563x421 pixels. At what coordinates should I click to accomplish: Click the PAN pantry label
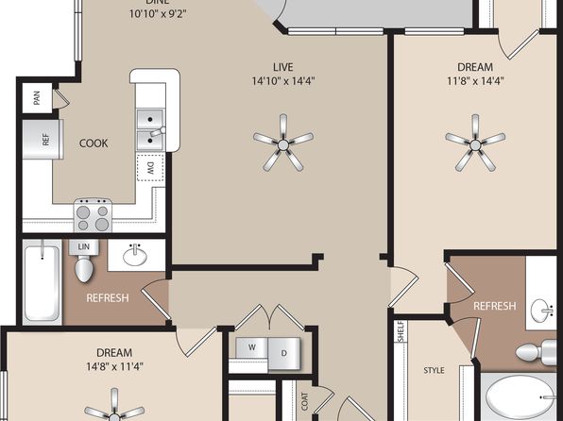(37, 98)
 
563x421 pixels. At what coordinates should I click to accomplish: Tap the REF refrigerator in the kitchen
(43, 140)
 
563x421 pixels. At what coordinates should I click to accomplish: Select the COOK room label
(94, 143)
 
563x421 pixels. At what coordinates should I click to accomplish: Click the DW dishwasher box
(150, 167)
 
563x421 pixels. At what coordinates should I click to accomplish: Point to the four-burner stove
(93, 215)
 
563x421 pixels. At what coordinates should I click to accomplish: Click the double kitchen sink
(150, 130)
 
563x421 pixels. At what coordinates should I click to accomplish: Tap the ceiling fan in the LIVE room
(283, 143)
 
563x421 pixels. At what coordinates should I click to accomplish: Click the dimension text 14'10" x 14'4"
(283, 81)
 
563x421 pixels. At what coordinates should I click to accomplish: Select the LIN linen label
(84, 246)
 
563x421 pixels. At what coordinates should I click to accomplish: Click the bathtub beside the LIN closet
(42, 282)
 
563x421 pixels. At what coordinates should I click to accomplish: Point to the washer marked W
(251, 347)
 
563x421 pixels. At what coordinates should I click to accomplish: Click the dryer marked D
(283, 354)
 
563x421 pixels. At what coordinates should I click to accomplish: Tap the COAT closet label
(305, 401)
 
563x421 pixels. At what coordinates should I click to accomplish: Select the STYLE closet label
(434, 370)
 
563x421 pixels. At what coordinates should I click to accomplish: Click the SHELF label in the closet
(401, 331)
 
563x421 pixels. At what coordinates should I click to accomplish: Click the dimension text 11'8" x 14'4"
(475, 81)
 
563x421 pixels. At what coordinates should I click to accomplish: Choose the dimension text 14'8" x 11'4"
(114, 367)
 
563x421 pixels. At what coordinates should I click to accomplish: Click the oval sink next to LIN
(135, 256)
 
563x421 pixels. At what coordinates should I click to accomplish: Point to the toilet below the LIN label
(84, 265)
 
